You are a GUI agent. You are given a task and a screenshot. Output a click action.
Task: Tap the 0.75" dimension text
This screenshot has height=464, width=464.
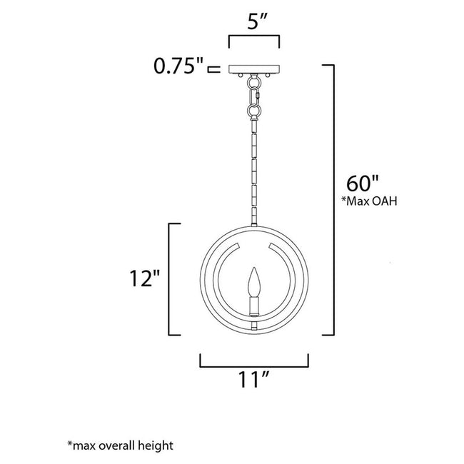click(178, 67)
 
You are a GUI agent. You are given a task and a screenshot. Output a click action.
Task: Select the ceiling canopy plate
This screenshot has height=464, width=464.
click(253, 69)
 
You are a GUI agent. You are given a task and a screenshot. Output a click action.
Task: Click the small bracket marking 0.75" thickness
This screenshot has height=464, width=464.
click(212, 69)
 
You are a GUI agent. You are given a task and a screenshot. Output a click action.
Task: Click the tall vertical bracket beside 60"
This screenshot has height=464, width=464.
click(333, 200)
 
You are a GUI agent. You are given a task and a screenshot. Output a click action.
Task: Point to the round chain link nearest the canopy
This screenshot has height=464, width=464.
click(253, 111)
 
